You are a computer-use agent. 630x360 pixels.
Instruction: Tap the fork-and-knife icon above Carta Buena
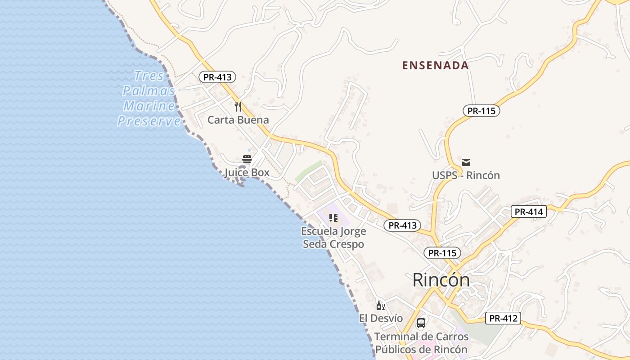coord(238,107)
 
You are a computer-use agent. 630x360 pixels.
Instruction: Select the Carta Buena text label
coord(238,120)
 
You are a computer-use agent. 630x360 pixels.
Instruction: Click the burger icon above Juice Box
coord(247,159)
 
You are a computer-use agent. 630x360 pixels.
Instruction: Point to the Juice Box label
coord(247,172)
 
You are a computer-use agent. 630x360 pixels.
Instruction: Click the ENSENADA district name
coord(435,65)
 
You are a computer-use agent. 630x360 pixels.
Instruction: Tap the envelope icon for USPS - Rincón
coord(466,162)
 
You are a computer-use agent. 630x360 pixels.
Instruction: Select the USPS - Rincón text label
coord(466,175)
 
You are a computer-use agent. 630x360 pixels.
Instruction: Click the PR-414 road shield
coord(528,211)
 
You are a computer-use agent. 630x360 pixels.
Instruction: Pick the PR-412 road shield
coord(503,319)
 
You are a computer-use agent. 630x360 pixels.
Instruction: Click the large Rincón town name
coord(441,280)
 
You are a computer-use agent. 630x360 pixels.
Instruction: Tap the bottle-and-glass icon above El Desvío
coord(381,306)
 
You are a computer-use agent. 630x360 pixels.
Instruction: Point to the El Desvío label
coord(381,318)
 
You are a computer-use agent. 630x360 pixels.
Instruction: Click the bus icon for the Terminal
coord(421,323)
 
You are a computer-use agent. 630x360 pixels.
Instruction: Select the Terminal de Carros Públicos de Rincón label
coord(421,343)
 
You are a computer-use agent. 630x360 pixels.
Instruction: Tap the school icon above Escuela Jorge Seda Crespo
coord(333,218)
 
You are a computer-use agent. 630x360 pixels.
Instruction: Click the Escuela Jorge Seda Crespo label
coord(333,238)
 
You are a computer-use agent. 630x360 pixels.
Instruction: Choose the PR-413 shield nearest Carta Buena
coord(217,77)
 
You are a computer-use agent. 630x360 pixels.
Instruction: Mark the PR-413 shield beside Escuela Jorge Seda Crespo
coord(402,225)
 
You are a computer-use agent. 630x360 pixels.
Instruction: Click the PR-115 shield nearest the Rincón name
coord(442,253)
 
